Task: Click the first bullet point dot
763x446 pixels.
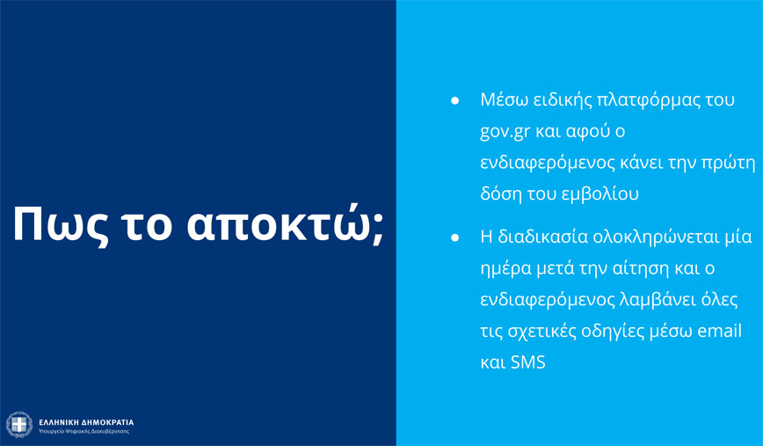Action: click(455, 101)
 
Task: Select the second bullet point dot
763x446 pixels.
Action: click(455, 238)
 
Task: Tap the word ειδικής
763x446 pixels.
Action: click(561, 100)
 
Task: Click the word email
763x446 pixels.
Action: click(720, 331)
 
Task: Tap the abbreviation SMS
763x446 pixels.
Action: click(528, 362)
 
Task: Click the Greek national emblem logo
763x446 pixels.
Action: click(19, 425)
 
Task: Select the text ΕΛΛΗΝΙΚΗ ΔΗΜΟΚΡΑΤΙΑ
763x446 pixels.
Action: click(86, 422)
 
